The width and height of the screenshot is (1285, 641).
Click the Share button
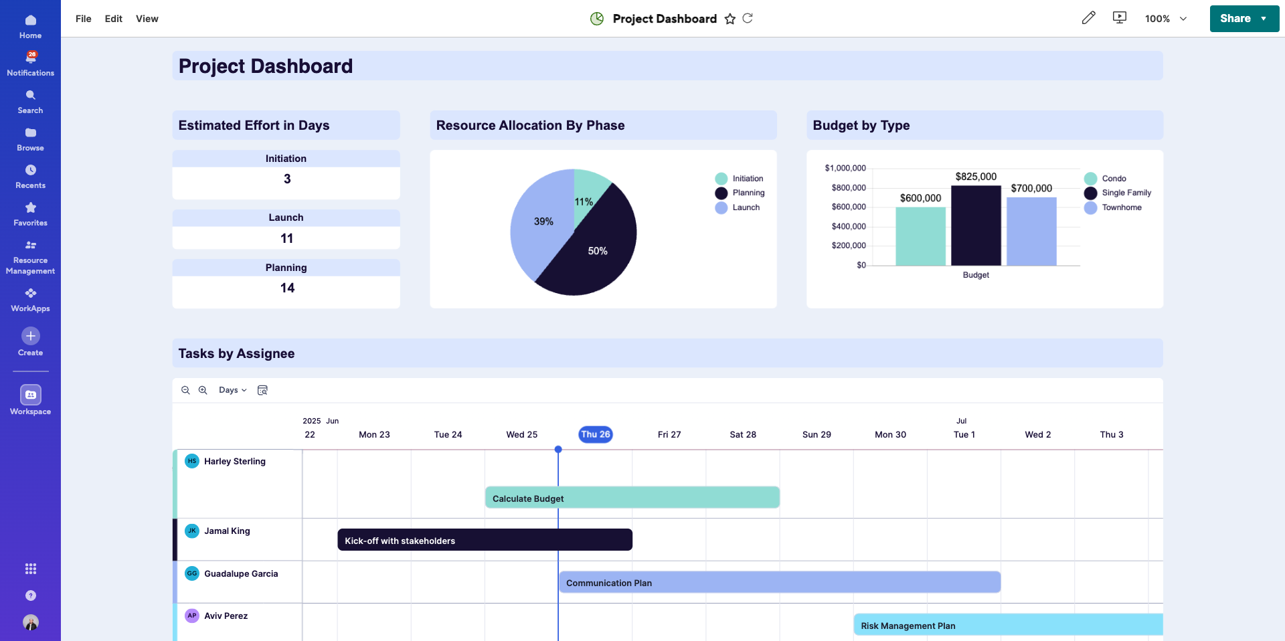pyautogui.click(x=1235, y=19)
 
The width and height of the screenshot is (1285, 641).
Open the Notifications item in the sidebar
pyautogui.click(x=30, y=64)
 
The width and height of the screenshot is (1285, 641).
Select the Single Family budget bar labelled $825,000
pyautogui.click(x=976, y=225)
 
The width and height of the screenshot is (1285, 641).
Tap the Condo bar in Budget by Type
pyautogui.click(x=920, y=236)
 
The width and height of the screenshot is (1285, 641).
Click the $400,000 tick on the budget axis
pyautogui.click(x=849, y=226)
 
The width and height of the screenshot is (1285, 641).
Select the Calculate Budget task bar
pyautogui.click(x=632, y=498)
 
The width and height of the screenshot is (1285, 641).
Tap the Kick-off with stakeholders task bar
pyautogui.click(x=485, y=540)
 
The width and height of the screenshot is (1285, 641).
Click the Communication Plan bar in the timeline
pyautogui.click(x=779, y=582)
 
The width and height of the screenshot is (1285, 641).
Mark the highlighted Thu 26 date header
pyautogui.click(x=595, y=434)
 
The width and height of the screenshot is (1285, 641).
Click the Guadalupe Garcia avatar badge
pyautogui.click(x=192, y=573)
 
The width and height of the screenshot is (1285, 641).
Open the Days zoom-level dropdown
pyautogui.click(x=232, y=390)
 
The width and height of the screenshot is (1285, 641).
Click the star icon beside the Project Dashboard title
pyautogui.click(x=730, y=19)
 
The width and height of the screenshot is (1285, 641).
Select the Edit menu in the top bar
pyautogui.click(x=113, y=19)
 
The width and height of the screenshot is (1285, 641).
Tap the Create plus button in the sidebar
pyautogui.click(x=31, y=336)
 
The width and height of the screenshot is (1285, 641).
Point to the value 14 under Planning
pyautogui.click(x=287, y=288)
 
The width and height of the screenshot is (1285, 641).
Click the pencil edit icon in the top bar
pyautogui.click(x=1088, y=18)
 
